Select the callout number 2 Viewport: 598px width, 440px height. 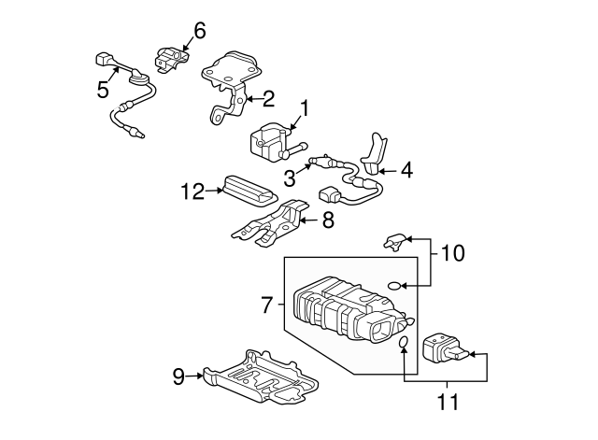pyautogui.click(x=268, y=96)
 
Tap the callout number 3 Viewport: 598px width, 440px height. pyautogui.click(x=291, y=177)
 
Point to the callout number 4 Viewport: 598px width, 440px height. pyautogui.click(x=406, y=171)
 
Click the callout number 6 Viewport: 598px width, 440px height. pyautogui.click(x=199, y=31)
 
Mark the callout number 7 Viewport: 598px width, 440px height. pyautogui.click(x=266, y=305)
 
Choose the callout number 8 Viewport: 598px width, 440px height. pyautogui.click(x=327, y=221)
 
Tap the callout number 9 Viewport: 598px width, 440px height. pyautogui.click(x=178, y=376)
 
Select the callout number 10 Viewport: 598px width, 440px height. pyautogui.click(x=451, y=253)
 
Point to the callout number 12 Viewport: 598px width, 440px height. pyautogui.click(x=192, y=192)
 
